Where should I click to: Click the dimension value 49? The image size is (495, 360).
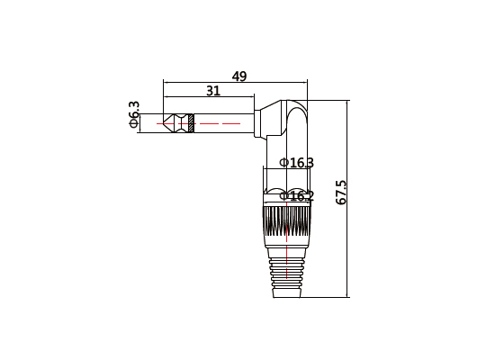tap(239, 76)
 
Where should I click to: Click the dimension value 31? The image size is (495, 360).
tap(213, 91)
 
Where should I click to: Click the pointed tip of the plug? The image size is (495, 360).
tap(168, 121)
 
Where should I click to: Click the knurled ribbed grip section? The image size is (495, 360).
tap(287, 225)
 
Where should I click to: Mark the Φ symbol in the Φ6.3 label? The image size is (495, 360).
tap(135, 124)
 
